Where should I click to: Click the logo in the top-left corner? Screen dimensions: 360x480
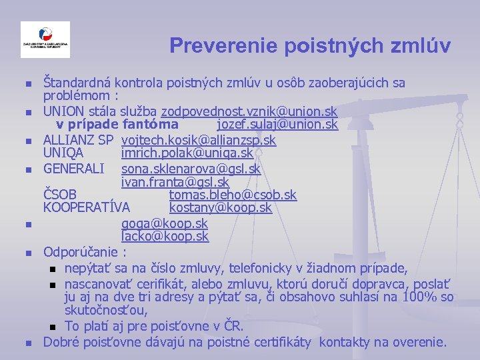(x=45, y=40)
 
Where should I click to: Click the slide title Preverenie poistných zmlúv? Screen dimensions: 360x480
(x=309, y=45)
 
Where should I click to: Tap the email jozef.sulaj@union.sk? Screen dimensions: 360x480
(x=277, y=125)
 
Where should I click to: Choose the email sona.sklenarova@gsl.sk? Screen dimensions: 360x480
(x=191, y=169)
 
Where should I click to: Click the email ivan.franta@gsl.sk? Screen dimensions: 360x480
(x=175, y=182)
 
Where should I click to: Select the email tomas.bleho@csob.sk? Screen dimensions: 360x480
(x=233, y=195)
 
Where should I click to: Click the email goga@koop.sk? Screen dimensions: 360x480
(x=164, y=223)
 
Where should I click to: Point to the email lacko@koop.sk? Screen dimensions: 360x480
(x=165, y=237)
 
